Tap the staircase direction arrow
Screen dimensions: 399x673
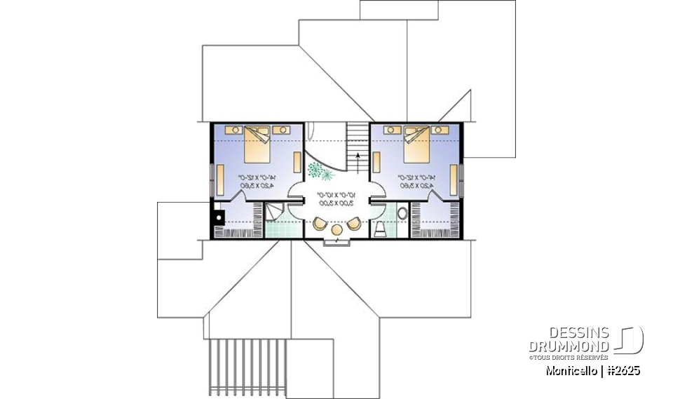click(359, 155)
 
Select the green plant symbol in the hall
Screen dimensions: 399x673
click(320, 168)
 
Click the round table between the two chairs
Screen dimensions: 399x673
click(336, 229)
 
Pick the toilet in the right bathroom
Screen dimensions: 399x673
click(379, 229)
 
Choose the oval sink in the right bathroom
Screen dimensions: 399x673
click(403, 212)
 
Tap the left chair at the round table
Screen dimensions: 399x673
click(320, 224)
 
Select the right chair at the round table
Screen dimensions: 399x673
click(353, 224)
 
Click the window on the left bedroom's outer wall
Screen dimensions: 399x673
click(212, 178)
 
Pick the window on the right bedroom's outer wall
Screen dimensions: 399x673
click(461, 178)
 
